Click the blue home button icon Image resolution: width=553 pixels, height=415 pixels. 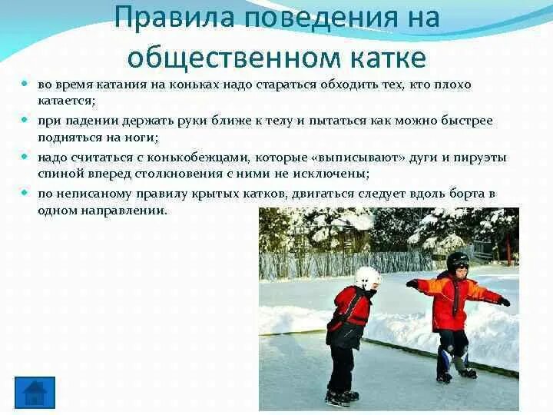pyautogui.click(x=35, y=392)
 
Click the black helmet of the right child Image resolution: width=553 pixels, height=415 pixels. pyautogui.click(x=458, y=261)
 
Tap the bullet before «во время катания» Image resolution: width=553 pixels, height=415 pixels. pyautogui.click(x=25, y=84)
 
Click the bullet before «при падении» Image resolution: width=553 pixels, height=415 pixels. pyautogui.click(x=25, y=121)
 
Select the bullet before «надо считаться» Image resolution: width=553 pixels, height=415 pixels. pyautogui.click(x=25, y=157)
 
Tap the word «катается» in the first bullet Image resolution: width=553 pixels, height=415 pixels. pyautogui.click(x=66, y=100)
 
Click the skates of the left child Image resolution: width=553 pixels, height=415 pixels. pyautogui.click(x=341, y=397)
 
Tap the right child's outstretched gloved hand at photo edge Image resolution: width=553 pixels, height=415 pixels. pyautogui.click(x=504, y=301)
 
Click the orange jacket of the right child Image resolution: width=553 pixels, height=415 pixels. pyautogui.click(x=453, y=300)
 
